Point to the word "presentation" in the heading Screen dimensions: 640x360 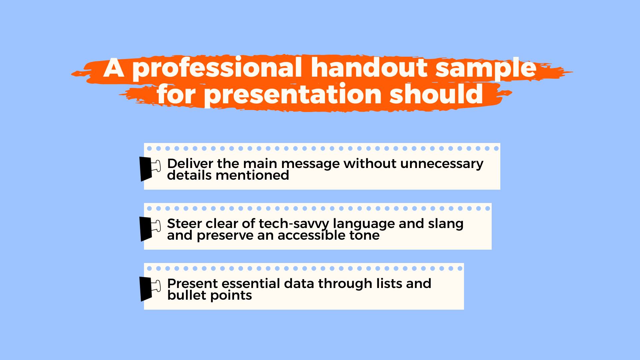(x=293, y=95)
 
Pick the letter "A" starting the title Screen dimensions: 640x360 (x=114, y=68)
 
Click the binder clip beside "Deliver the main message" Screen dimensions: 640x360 (x=150, y=169)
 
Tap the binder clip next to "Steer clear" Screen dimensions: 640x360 (x=150, y=229)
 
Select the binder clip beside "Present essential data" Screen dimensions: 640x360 (x=150, y=289)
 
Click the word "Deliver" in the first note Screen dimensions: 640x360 (x=190, y=163)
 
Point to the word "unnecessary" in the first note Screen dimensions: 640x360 (x=442, y=164)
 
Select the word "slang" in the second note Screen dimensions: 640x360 (x=446, y=224)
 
